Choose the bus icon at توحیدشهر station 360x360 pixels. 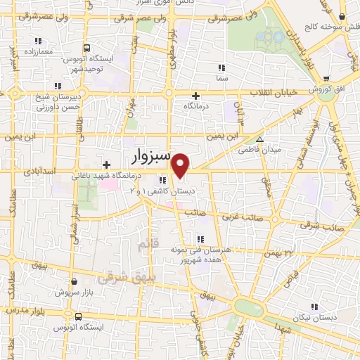86,49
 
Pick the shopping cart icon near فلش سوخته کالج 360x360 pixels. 342,17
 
